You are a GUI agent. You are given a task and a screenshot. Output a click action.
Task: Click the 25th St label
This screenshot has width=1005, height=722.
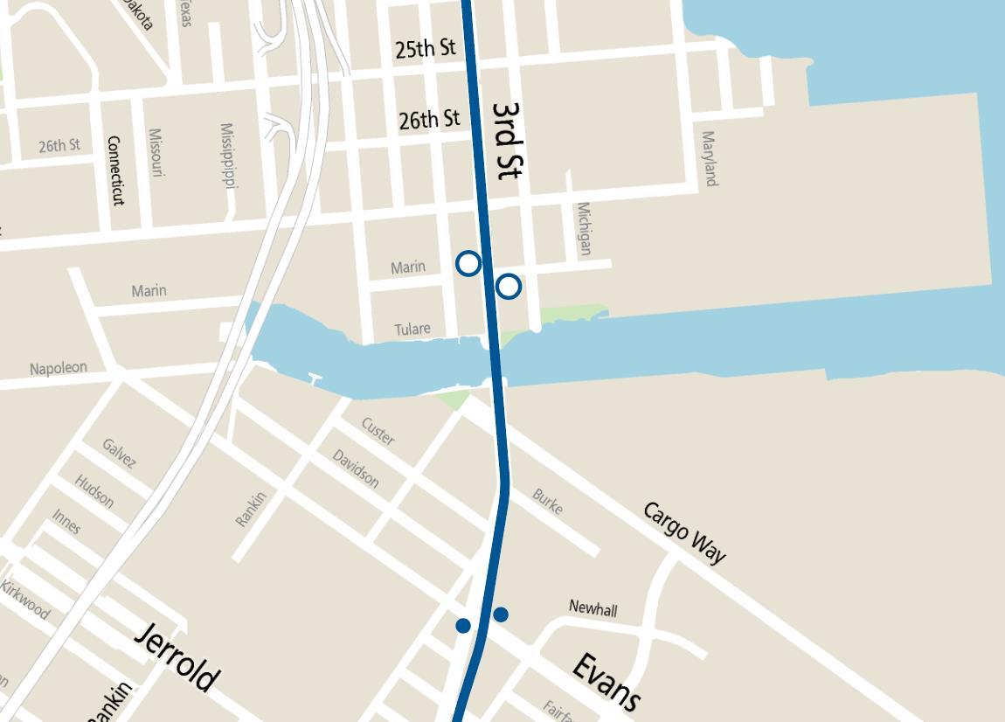pos(426,49)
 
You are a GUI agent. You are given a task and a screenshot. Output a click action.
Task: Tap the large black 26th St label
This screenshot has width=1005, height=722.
pos(429,119)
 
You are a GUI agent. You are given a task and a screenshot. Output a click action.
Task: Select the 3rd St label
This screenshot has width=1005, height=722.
pos(507,141)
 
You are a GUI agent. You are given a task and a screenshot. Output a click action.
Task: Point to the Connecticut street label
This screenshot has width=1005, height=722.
pos(114,170)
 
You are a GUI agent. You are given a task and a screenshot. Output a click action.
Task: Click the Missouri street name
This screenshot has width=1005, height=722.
pos(156,153)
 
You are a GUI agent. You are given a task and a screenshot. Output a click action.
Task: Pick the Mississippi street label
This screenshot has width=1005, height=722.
pos(229,156)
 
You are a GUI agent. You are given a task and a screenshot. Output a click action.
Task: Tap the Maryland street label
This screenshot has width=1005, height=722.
pos(710,158)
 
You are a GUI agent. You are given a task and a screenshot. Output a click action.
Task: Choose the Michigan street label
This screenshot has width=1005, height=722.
pos(584,229)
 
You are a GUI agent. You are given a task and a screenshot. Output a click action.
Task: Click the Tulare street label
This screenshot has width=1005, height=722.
pos(412,329)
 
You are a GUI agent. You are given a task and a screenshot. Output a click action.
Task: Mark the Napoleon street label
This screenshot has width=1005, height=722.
pos(59,368)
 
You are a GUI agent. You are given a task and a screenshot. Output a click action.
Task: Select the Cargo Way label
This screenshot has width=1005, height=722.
pos(684,532)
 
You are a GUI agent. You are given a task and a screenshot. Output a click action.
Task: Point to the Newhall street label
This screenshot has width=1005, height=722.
pos(593,607)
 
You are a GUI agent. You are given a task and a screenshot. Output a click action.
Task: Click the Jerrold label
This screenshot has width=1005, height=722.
pos(177,657)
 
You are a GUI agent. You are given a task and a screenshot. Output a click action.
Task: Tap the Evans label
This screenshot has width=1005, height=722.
pos(606,681)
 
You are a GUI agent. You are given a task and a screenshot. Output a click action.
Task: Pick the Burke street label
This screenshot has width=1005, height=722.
pos(548,502)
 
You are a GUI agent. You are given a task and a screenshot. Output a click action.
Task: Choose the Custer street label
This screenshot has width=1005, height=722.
pos(378,431)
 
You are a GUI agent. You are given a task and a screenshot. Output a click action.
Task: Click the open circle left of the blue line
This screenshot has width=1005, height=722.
pos(469,263)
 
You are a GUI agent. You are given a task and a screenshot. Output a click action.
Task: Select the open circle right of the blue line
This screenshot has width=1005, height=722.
pos(509,286)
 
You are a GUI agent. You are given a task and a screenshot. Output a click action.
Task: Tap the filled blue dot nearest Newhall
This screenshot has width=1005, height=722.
pos(501,614)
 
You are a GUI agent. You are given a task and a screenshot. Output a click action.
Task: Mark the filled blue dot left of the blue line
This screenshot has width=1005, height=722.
pos(463,625)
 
